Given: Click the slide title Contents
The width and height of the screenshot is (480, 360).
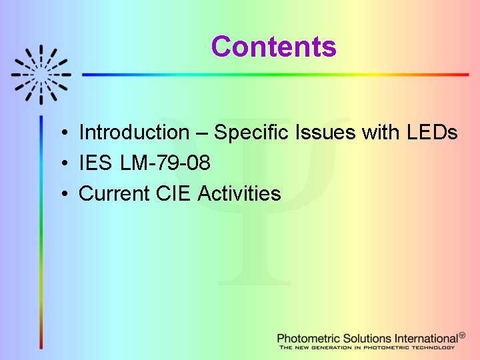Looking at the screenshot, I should (273, 47).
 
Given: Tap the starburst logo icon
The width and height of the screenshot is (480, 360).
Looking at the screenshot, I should (41, 74).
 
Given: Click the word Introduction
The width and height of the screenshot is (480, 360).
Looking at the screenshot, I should (134, 133).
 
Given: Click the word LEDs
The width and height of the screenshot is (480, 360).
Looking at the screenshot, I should (431, 133).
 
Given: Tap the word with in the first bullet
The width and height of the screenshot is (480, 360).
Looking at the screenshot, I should (380, 133).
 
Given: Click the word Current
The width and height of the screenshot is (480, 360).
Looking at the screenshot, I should (114, 193).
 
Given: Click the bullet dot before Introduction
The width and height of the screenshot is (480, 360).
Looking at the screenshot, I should (61, 133).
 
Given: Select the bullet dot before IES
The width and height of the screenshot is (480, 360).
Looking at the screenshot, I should (61, 163).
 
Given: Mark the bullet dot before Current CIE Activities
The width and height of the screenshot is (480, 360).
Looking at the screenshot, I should (61, 194).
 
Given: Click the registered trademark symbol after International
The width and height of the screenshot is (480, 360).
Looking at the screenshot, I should (462, 335).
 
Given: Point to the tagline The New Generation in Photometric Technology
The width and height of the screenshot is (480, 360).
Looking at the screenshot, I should (367, 347).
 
